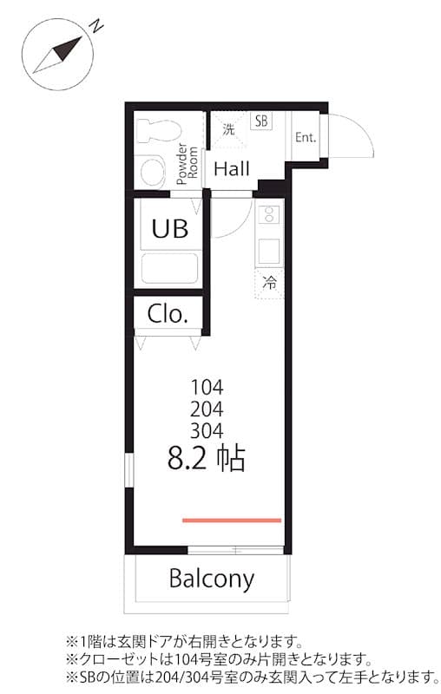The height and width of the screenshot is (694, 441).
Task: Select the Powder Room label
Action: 188,163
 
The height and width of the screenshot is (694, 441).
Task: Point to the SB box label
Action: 260,121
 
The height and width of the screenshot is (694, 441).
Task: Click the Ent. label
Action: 305,137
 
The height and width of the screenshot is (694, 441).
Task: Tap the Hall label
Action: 232,169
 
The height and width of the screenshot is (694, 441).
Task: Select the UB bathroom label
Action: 169,228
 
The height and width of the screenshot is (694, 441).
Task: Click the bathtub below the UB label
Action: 169,270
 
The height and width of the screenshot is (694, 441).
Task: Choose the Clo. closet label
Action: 168,313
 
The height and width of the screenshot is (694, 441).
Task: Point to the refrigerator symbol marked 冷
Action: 270,282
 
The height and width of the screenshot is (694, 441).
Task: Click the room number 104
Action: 207,388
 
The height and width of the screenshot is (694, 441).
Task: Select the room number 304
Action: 207,429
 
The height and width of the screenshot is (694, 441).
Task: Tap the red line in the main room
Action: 232,520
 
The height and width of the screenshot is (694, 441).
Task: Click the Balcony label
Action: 212,579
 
